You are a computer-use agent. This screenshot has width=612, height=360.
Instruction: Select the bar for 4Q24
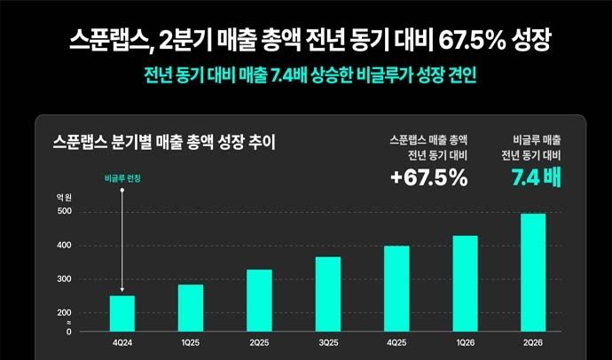pos(122,314)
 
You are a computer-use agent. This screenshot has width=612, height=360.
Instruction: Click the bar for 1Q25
pos(191,308)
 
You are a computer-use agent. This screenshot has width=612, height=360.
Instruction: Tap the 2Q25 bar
pos(260,301)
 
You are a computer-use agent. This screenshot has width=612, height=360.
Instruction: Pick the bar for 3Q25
pos(328,294)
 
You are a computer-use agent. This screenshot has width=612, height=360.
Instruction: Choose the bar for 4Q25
pos(396,289)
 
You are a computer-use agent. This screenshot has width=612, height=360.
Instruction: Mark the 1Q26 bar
pos(465,284)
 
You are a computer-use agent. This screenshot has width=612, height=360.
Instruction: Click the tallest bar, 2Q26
pos(533,272)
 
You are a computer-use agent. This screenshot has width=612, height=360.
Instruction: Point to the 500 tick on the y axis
pos(65,211)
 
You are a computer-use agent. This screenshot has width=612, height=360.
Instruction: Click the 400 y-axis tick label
pos(65,246)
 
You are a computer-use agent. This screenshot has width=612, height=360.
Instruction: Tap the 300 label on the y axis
pos(65,279)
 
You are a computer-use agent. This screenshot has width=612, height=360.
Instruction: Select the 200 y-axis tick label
pos(65,313)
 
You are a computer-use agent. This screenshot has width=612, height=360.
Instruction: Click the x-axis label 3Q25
pos(328,343)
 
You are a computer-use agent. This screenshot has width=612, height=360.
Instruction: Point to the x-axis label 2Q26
pos(533,343)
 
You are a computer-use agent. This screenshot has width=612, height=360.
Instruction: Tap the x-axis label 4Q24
pos(122,343)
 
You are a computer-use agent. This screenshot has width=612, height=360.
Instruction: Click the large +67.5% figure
pos(429,178)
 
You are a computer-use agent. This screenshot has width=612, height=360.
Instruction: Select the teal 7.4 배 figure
pos(537,178)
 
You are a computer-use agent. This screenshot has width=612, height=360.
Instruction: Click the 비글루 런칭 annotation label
pos(122,178)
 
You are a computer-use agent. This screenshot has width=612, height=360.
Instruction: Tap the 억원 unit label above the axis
pos(64,198)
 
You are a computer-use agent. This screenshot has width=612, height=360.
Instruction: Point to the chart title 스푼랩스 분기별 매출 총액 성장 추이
pos(164,143)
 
